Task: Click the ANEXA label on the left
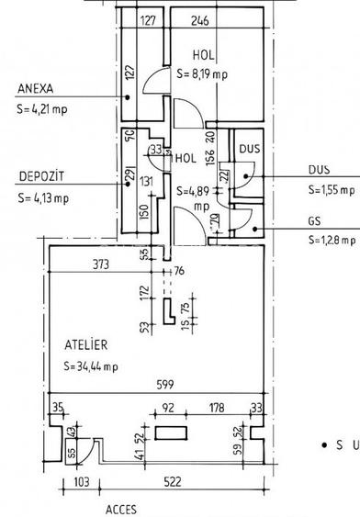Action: pyautogui.click(x=36, y=89)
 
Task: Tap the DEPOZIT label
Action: pyautogui.click(x=38, y=177)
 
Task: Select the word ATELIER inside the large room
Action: pyautogui.click(x=86, y=345)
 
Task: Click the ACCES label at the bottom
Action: pyautogui.click(x=122, y=505)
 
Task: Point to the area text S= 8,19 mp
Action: pyautogui.click(x=203, y=74)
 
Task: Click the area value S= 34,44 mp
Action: pyautogui.click(x=91, y=367)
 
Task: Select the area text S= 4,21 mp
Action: pyautogui.click(x=41, y=107)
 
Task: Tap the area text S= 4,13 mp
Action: pyautogui.click(x=41, y=197)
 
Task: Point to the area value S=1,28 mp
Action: pyautogui.click(x=330, y=240)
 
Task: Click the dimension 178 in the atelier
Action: pyautogui.click(x=218, y=407)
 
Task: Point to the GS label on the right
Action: pyautogui.click(x=316, y=221)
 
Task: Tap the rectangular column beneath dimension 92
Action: pyautogui.click(x=172, y=433)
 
